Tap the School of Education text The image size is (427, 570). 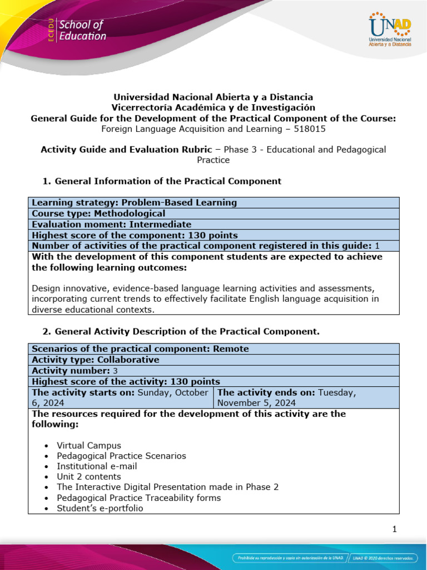pos(82,31)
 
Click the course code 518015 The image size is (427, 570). pos(311,129)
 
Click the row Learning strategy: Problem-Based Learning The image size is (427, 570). pos(135,203)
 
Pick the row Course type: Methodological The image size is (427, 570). pos(99,213)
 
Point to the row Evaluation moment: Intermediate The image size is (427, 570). pos(112,224)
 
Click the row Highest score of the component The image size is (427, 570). pos(135,235)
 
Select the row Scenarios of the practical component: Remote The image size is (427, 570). pos(141,348)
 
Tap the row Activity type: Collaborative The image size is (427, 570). pos(96,360)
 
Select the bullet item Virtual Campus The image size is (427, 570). pos(89,445)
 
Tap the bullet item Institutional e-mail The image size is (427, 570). pos(97,466)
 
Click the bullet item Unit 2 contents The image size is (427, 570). pos(89,477)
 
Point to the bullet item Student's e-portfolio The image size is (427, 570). pos(100,508)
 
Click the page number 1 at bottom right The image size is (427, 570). pos(394,529)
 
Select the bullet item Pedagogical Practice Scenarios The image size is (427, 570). pos(121,456)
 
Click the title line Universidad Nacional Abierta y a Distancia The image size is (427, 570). pos(213,97)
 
